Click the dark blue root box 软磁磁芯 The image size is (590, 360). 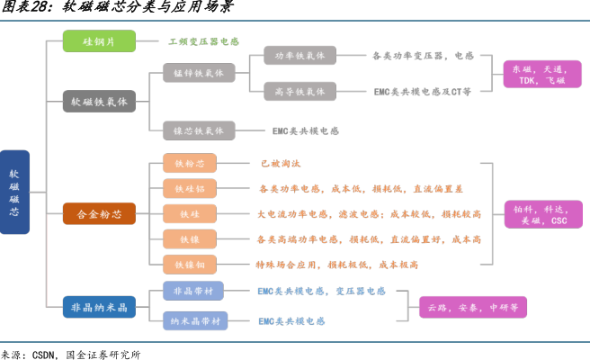point(13,193)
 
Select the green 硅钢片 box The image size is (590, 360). point(100,41)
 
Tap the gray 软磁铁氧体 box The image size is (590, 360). point(100,101)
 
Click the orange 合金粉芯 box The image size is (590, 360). point(100,214)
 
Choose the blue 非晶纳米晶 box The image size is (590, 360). point(100,307)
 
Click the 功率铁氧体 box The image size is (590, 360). point(299,56)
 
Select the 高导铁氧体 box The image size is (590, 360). point(299,91)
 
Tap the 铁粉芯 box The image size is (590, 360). point(190,163)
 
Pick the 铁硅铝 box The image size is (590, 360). point(190,188)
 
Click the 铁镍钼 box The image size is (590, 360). point(190,265)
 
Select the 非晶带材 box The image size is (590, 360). point(193,292)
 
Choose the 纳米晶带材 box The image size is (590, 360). point(193,320)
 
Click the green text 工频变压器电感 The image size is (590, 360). point(203,41)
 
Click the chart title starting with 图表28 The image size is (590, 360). point(117,8)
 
